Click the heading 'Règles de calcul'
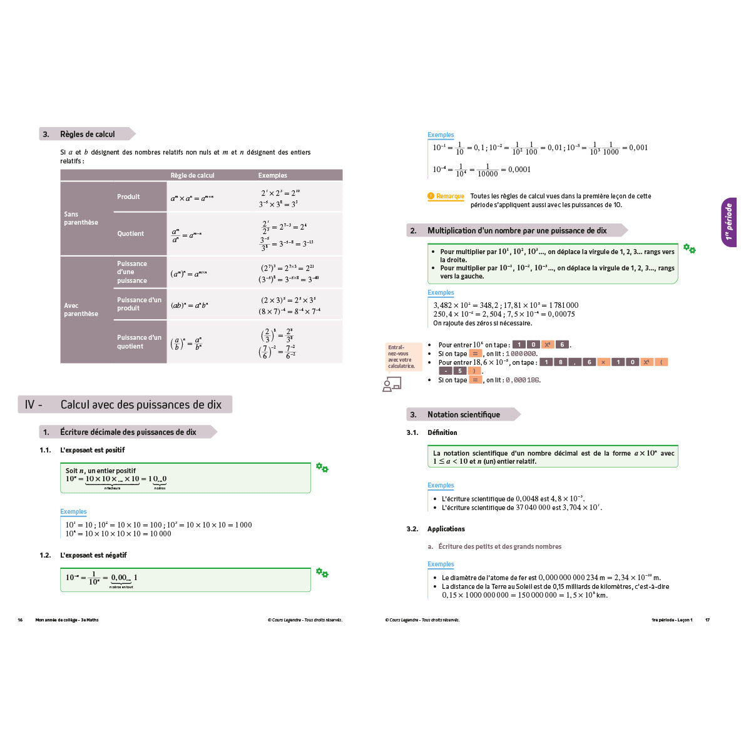pos(87,134)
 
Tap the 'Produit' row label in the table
pos(128,197)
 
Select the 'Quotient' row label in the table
pos(130,233)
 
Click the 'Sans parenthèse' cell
pos(81,218)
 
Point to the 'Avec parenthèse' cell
pos(81,310)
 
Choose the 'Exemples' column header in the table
pos(273,175)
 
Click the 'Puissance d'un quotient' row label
pos(139,342)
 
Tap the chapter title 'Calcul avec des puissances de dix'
pos(141,405)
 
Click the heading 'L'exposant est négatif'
pos(93,555)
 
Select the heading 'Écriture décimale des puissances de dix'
pos(128,432)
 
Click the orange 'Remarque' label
pos(450,197)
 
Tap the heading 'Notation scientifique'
pos(463,414)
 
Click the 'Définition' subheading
pos(442,432)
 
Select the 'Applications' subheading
pos(446,529)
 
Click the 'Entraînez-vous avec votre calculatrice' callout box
pos(401,357)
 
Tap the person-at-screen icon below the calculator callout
pos(392,385)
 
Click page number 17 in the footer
pos(707,620)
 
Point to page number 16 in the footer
pos(20,620)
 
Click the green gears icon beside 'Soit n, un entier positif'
pos(322,467)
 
